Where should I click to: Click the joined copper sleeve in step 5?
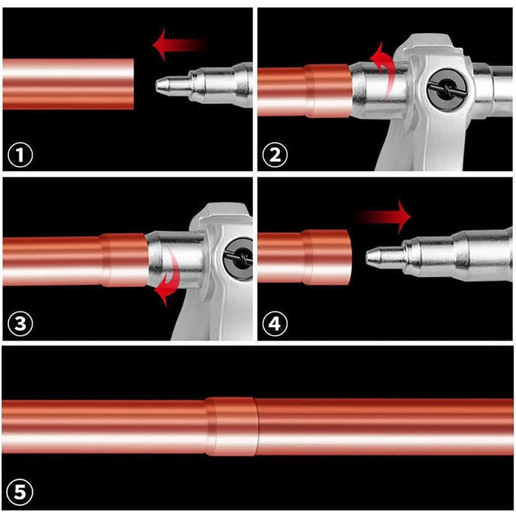point(231,426)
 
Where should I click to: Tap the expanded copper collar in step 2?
point(328,90)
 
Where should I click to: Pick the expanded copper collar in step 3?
point(124,260)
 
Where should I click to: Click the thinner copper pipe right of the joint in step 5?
point(387,426)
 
